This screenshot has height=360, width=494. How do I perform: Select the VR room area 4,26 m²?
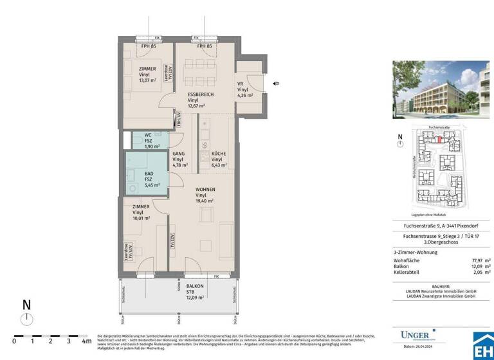tap(245, 96)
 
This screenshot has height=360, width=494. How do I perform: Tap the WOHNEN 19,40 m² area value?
tap(205, 201)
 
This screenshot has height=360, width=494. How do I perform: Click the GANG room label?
tap(179, 154)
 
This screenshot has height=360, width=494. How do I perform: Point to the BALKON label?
tap(195, 285)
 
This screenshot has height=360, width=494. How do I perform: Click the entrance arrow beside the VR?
tap(275, 84)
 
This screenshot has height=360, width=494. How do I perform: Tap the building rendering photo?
tap(441, 91)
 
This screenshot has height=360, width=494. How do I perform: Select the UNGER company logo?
tap(415, 334)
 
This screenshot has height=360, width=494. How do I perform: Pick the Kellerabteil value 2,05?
tap(477, 272)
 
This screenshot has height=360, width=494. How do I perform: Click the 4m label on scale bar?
tap(86, 342)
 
